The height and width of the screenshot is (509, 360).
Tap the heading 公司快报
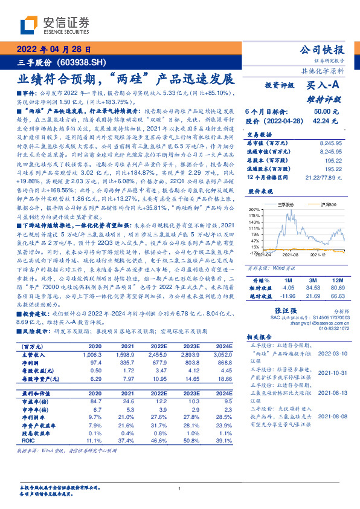(321, 50)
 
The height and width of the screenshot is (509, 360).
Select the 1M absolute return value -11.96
(287, 297)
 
